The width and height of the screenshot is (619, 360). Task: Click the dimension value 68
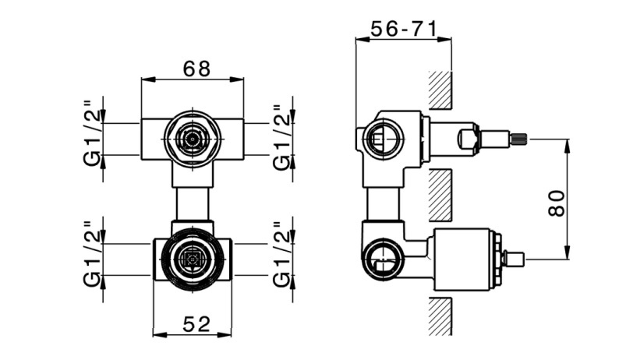(x=196, y=69)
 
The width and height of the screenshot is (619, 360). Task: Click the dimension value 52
(x=196, y=324)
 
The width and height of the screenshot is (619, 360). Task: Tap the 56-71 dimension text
(x=405, y=29)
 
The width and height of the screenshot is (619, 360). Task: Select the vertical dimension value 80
(x=557, y=203)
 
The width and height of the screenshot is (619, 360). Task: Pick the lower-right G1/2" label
(x=282, y=253)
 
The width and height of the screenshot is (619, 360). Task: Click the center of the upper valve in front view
(x=193, y=139)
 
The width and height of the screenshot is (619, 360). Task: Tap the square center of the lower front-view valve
(x=193, y=259)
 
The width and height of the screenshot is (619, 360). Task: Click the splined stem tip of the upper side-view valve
(x=519, y=139)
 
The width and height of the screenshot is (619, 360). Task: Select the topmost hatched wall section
(x=440, y=90)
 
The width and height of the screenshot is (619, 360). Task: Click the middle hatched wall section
(x=440, y=195)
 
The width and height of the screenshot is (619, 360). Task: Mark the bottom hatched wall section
(x=440, y=316)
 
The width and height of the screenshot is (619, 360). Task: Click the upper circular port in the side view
(x=383, y=139)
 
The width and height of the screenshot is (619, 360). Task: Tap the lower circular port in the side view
(x=382, y=259)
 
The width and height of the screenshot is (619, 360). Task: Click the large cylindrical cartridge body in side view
(x=462, y=259)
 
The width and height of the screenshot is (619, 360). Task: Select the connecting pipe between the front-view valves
(x=193, y=204)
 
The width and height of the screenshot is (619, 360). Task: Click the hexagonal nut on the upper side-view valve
(x=469, y=139)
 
